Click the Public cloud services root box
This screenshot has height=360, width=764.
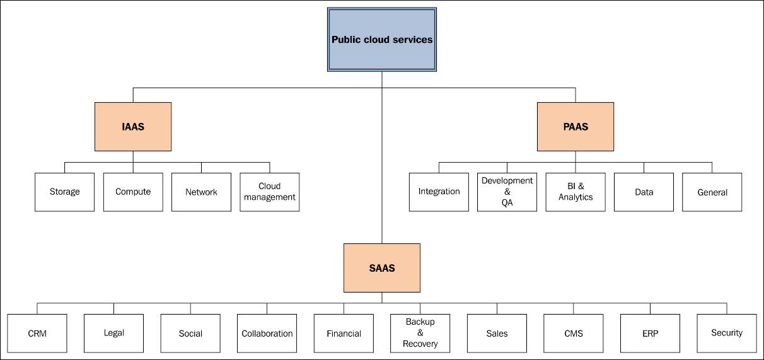click(382, 40)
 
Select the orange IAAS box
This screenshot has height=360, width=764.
click(133, 127)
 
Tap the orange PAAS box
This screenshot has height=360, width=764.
click(575, 127)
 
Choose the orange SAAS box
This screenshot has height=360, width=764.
click(381, 268)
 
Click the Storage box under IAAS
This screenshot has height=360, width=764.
click(64, 192)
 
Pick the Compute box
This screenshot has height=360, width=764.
click(133, 192)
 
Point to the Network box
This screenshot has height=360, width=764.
click(201, 192)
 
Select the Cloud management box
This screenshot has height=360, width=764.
click(270, 192)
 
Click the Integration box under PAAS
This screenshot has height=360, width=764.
click(439, 192)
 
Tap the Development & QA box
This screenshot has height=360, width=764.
click(507, 192)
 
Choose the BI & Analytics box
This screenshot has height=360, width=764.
click(576, 192)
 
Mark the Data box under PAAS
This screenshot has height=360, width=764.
click(644, 192)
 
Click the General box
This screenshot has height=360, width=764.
click(712, 192)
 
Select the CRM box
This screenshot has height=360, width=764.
click(37, 334)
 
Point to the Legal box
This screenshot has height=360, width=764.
click(113, 334)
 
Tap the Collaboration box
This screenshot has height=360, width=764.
click(267, 334)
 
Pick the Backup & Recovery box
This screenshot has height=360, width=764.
click(420, 334)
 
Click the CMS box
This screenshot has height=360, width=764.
click(574, 334)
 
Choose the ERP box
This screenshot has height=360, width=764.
click(650, 334)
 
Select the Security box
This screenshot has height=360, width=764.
click(727, 334)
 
